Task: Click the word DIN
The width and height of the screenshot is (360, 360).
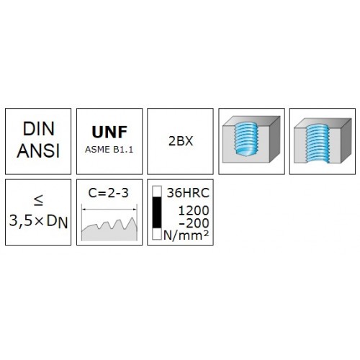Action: click(38, 129)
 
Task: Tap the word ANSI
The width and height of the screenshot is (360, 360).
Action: click(38, 150)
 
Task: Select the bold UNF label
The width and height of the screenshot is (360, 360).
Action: click(109, 132)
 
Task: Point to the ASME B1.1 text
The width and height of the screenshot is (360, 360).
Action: click(109, 150)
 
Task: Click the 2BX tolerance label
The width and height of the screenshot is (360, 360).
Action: click(181, 141)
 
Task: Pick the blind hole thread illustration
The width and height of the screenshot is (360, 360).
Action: click(251, 140)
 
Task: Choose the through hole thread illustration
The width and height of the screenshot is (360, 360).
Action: click(323, 140)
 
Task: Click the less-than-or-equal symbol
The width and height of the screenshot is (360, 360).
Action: click(38, 200)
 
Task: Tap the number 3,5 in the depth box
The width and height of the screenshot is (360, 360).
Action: click(20, 221)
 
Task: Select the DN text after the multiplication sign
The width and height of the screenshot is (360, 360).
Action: click(57, 222)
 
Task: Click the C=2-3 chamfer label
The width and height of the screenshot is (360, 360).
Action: click(109, 193)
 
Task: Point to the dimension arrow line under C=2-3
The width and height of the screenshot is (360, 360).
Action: click(109, 210)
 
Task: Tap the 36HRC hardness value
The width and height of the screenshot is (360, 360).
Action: click(188, 193)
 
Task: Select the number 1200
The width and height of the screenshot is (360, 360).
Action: click(194, 211)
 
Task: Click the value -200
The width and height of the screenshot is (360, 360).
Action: click(194, 223)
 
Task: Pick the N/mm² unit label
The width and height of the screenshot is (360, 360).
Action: click(186, 235)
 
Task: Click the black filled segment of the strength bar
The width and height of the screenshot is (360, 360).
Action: click(157, 212)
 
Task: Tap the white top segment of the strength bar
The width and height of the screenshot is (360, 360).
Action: click(157, 192)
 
